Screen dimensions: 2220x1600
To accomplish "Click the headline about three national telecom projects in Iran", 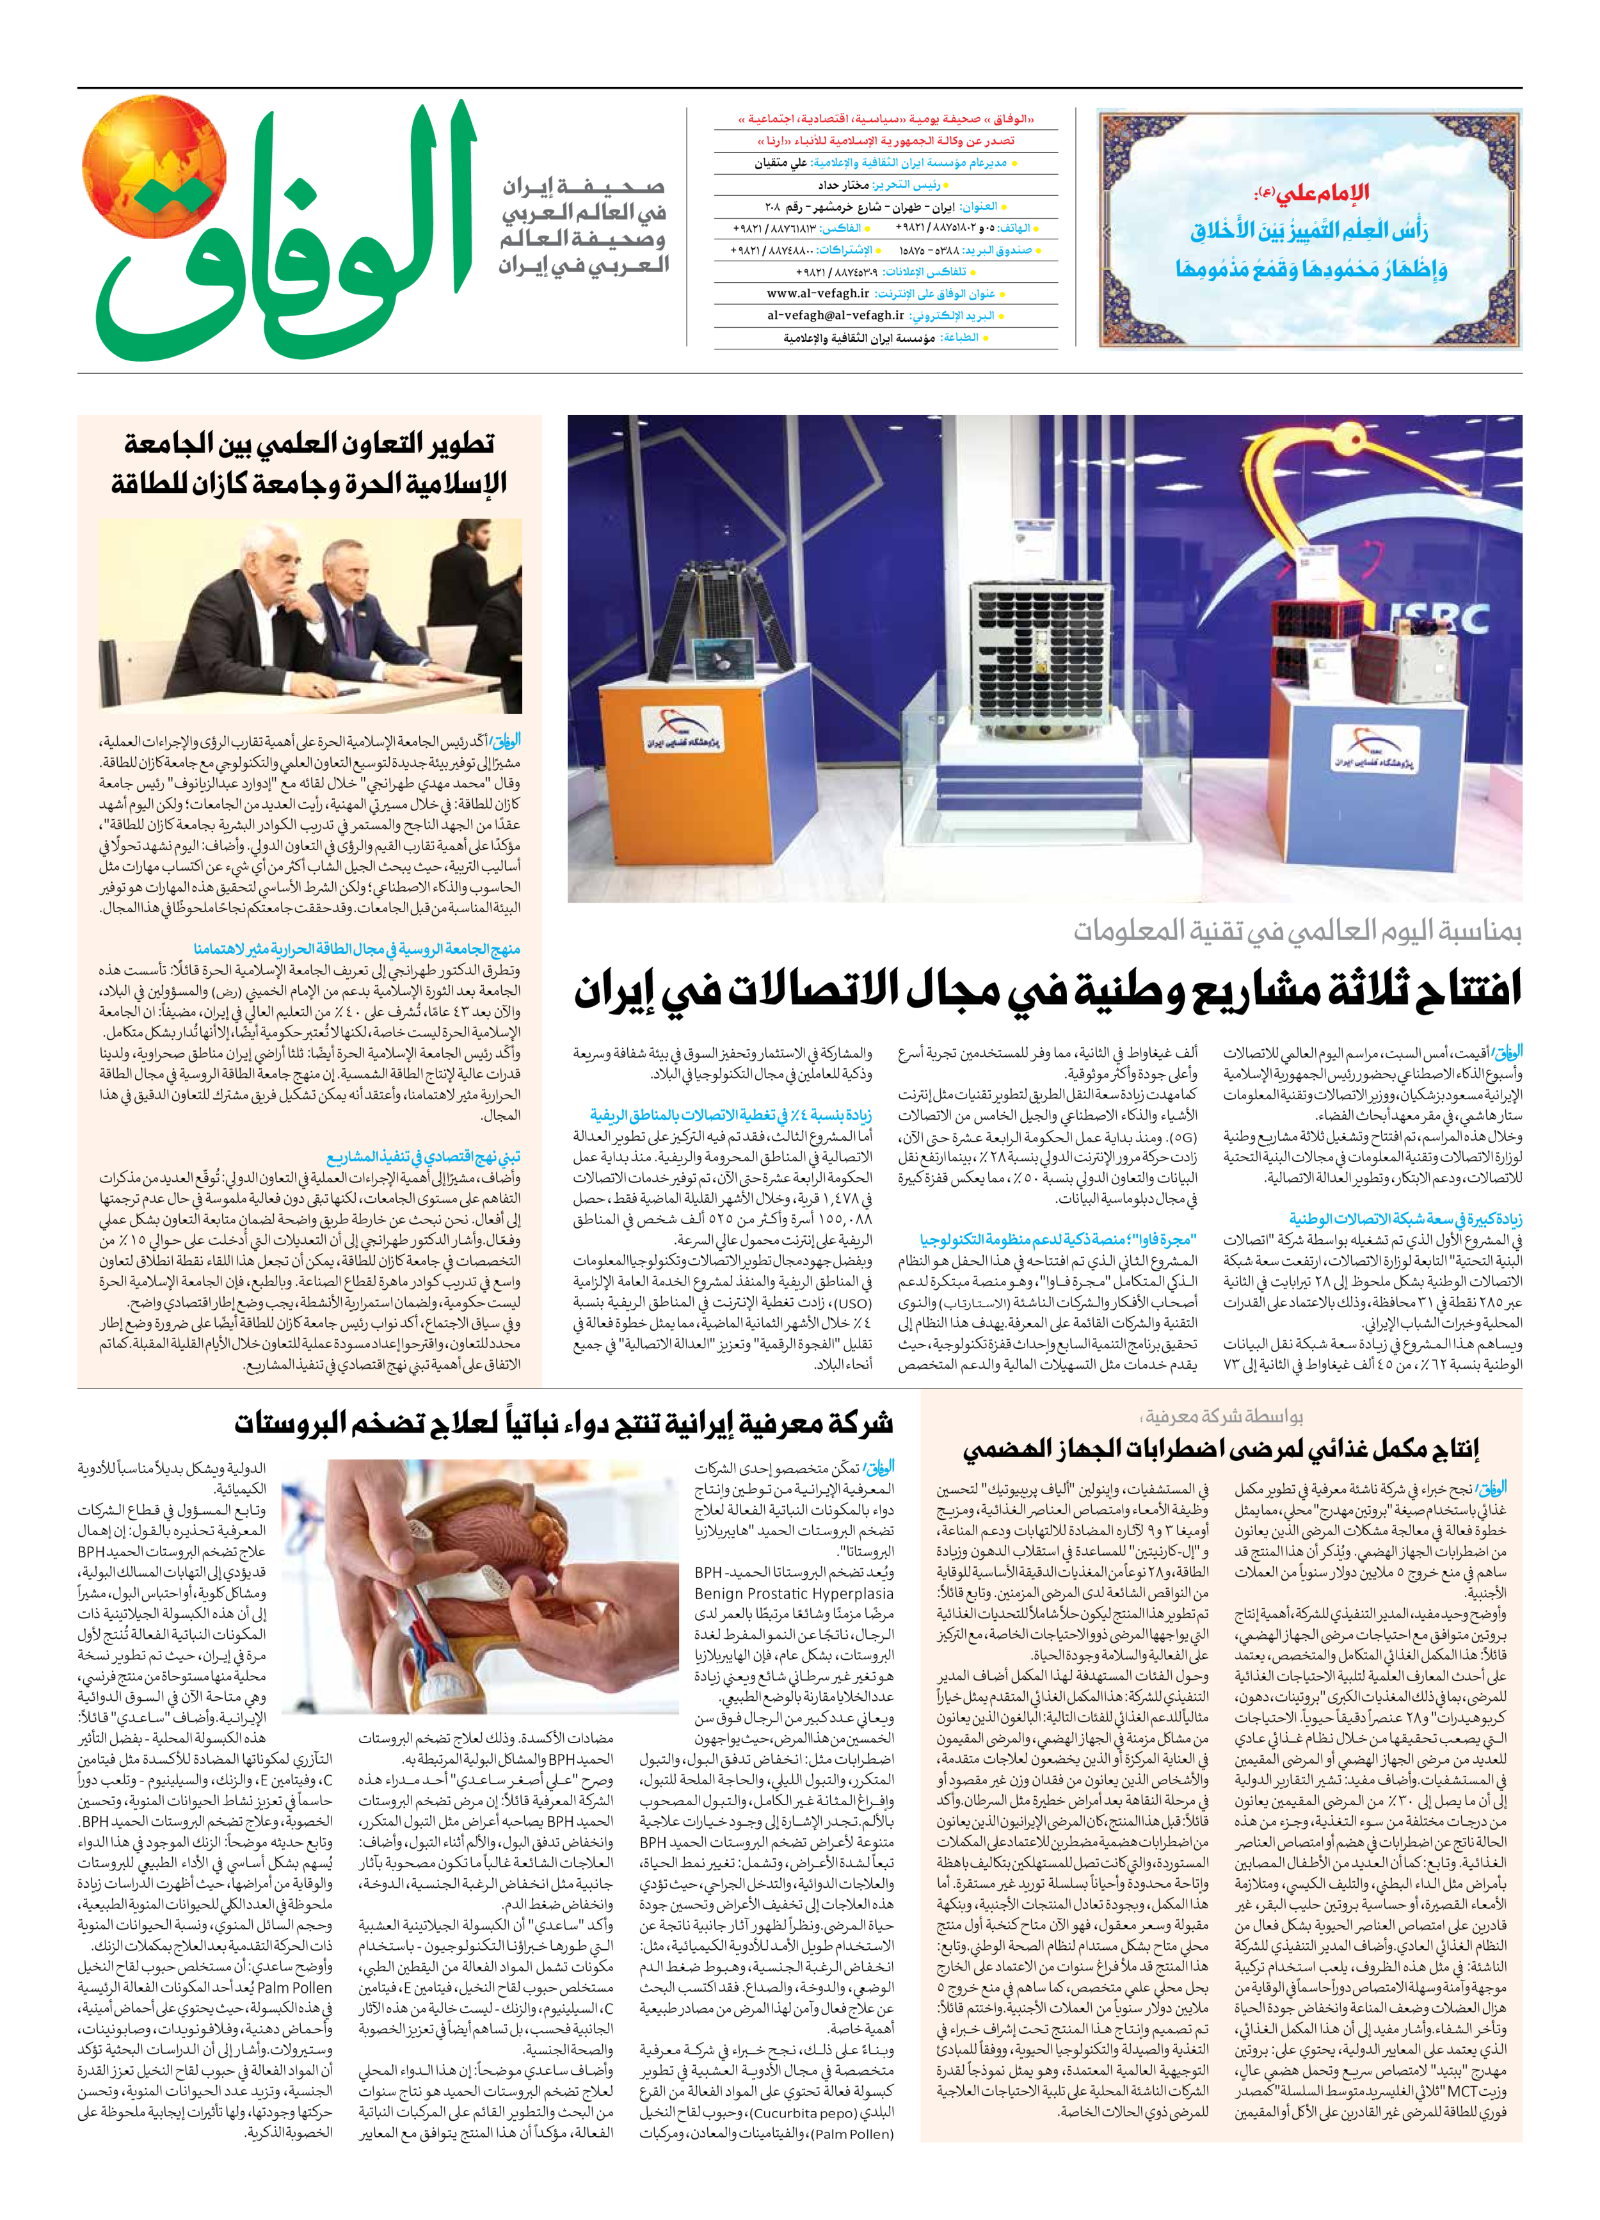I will pos(1047,990).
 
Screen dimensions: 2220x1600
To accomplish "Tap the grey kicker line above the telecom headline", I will pos(1297,931).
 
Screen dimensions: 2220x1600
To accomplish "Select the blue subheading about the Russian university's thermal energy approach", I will pos(357,949).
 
